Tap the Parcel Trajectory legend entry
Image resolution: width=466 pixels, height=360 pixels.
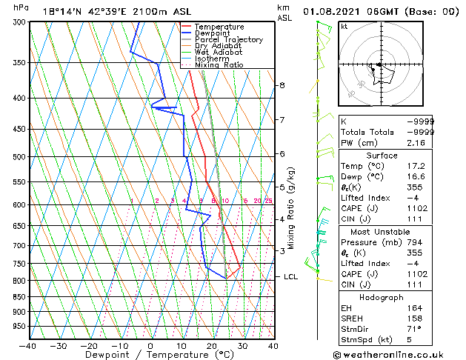[223, 39]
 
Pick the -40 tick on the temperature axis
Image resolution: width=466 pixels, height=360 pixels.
[28, 345]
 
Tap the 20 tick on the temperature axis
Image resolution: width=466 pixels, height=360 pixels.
[211, 345]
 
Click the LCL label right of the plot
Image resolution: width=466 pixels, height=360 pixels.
[291, 276]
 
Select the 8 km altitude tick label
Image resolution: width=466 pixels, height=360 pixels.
[282, 85]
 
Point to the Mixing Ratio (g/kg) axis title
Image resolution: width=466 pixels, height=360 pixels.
[291, 208]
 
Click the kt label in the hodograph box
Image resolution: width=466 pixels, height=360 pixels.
[344, 26]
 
